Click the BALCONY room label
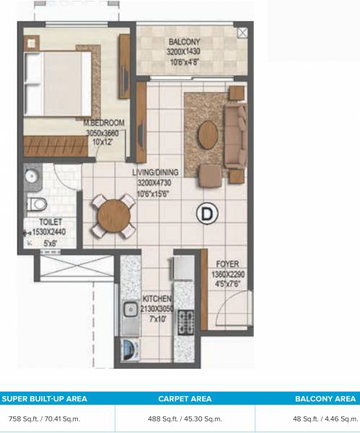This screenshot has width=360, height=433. click(185, 41)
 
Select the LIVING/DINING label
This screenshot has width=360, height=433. click(156, 173)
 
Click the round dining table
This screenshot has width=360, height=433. click(112, 214)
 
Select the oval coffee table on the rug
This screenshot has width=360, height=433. click(206, 134)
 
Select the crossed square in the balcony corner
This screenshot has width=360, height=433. click(242, 32)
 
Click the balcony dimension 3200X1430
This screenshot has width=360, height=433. click(185, 52)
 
